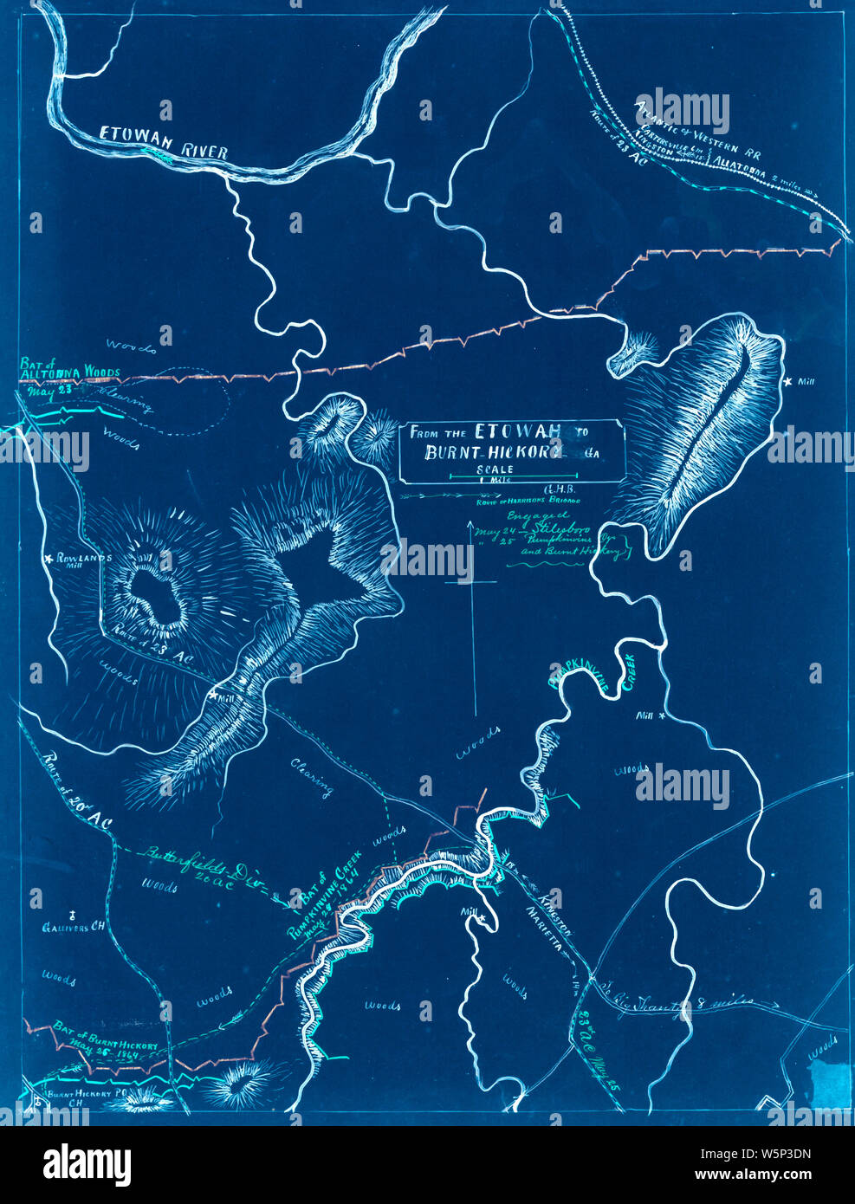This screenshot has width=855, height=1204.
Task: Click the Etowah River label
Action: click(164, 144)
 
